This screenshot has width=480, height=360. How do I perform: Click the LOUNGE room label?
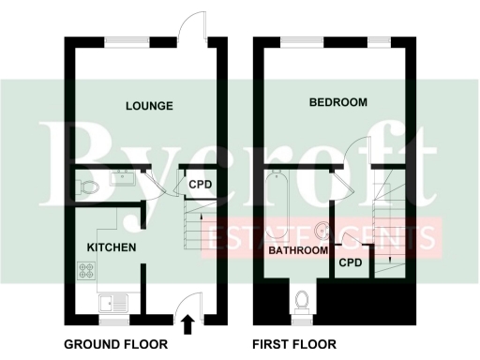coord(149,106)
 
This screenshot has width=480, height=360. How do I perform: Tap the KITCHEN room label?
coord(112,247)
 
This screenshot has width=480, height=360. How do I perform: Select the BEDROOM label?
coord(338,102)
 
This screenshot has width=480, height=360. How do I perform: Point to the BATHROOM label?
coord(298,251)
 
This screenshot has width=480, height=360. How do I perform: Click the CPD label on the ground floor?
coord(201,185)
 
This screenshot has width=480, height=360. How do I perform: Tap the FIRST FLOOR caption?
coord(293,344)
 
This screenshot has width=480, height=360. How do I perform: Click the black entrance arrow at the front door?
coord(187,324)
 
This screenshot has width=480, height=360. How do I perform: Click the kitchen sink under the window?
coord(115,302)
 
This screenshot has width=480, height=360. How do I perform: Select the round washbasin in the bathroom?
coord(322,229)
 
